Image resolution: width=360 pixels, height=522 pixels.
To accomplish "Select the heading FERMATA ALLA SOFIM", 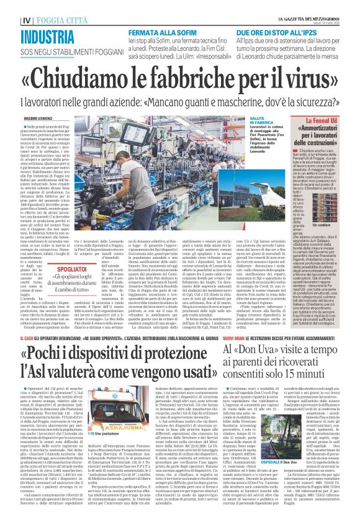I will pos(157,30).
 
